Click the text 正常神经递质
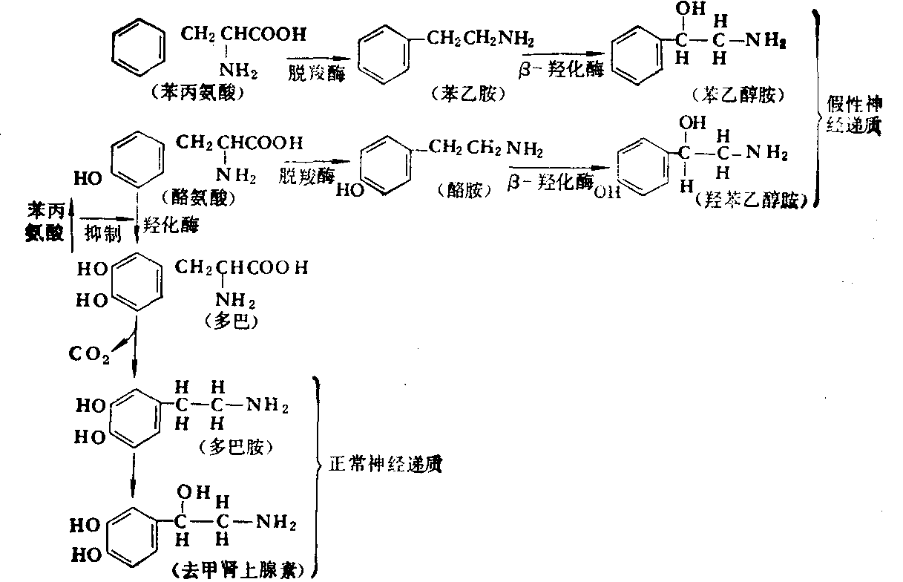click(385, 465)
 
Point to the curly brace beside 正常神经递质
click(318, 476)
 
